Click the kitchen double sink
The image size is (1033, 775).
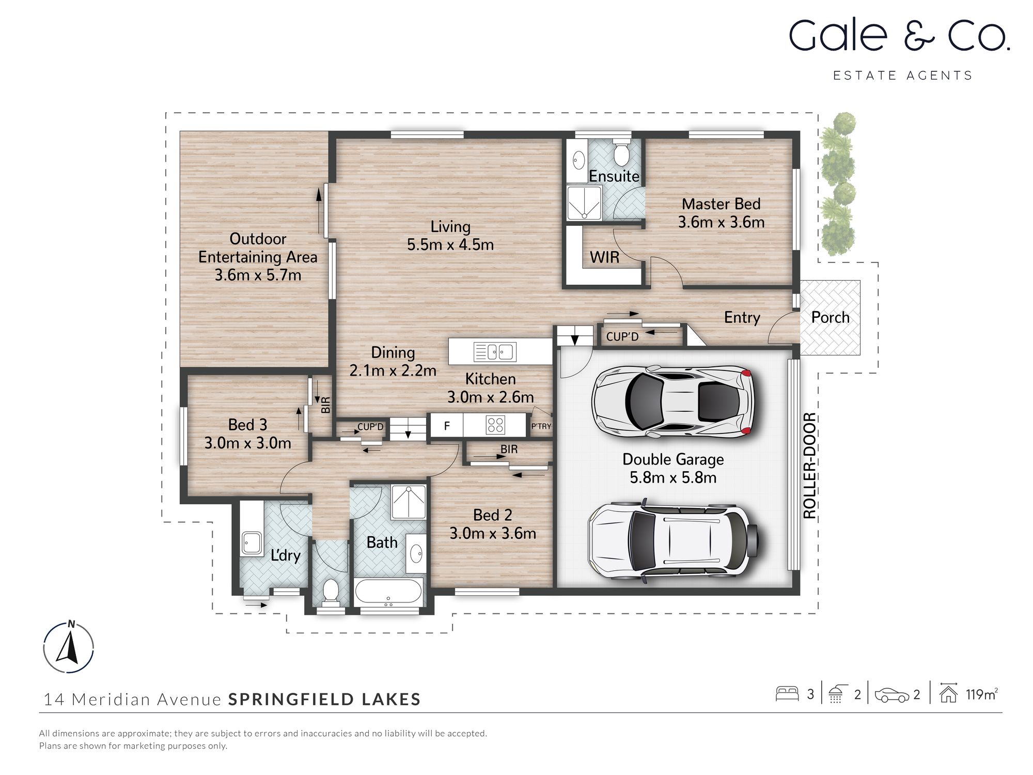tap(494, 352)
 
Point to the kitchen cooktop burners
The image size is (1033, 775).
tap(495, 425)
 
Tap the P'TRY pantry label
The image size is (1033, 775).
tap(541, 427)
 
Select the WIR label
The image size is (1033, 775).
tap(604, 257)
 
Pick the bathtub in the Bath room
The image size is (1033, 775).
tap(388, 592)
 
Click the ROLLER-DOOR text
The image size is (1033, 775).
tap(809, 466)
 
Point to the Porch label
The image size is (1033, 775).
tap(830, 317)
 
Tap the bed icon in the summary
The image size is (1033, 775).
tap(787, 694)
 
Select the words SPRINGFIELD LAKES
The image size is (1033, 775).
tap(324, 700)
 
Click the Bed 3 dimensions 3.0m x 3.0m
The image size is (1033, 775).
tap(248, 443)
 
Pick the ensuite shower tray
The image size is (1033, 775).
tap(584, 203)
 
